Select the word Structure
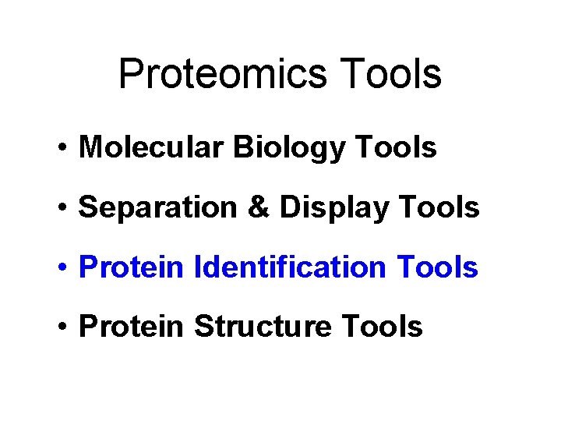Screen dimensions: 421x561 pos(262,327)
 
